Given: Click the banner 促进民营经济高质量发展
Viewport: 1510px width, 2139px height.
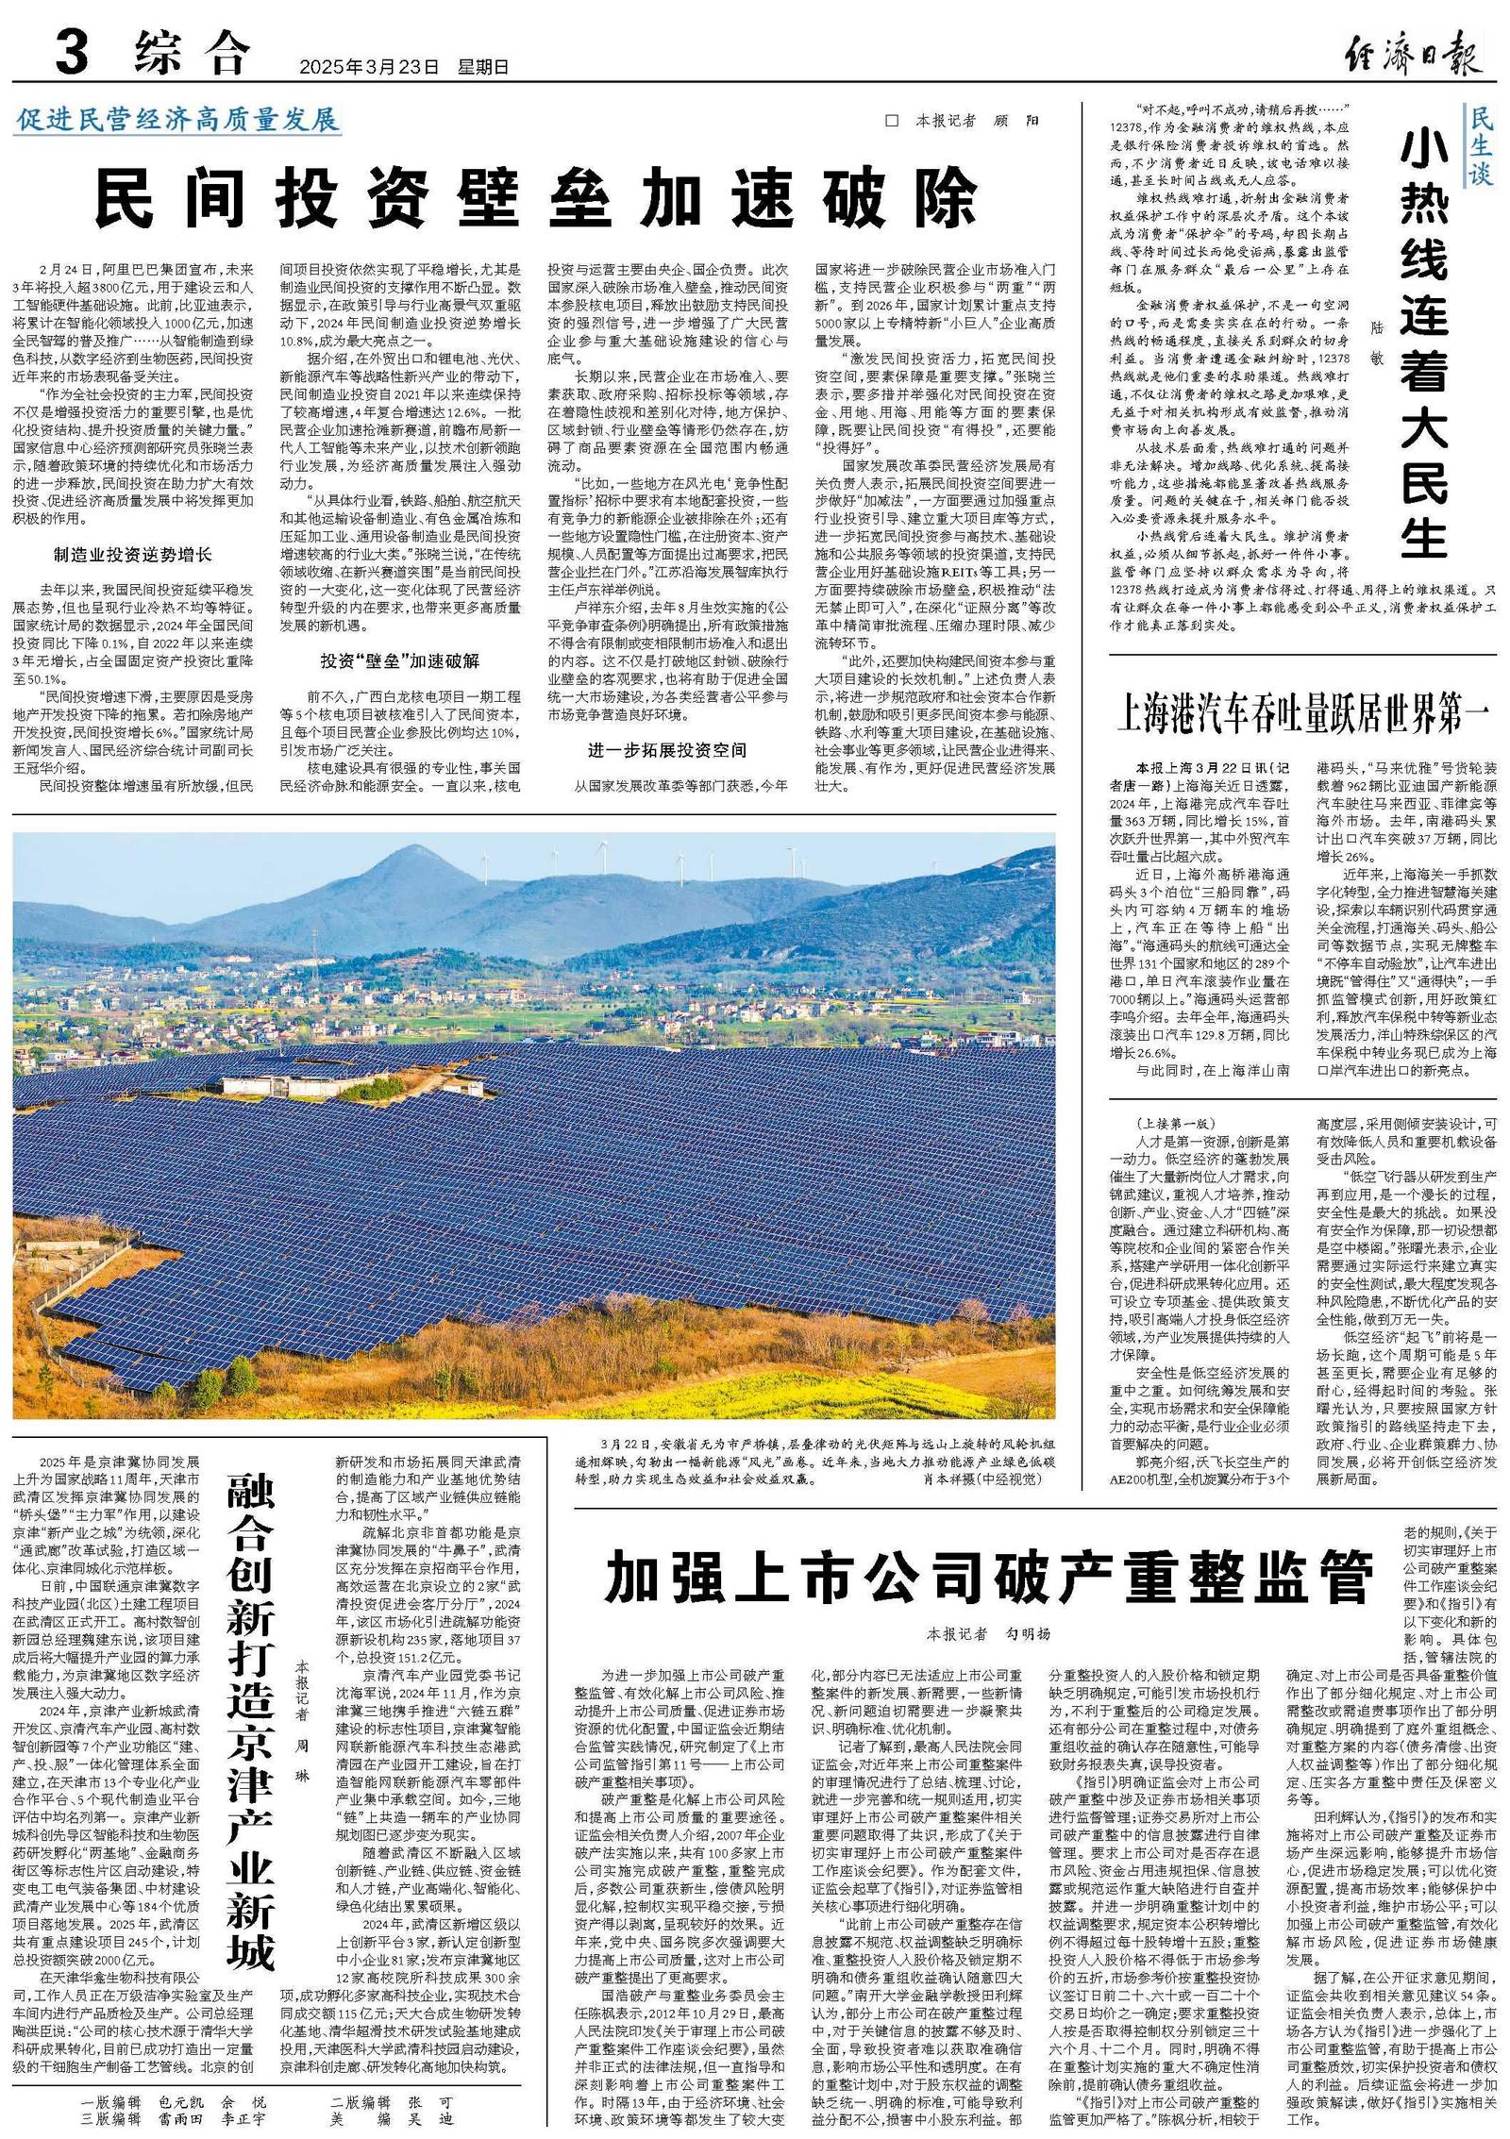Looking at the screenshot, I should tap(177, 121).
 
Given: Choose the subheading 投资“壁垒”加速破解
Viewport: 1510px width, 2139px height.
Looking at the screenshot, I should tap(399, 660).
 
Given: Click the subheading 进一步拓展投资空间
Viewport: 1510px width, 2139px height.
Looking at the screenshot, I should tap(666, 750).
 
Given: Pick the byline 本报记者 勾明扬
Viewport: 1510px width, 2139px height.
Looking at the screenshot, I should tap(988, 1633).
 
